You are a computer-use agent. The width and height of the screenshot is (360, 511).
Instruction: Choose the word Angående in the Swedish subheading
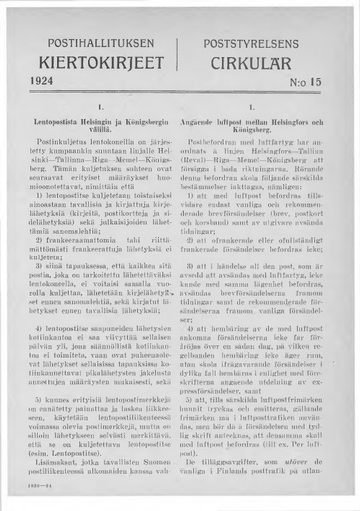(x=207, y=120)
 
